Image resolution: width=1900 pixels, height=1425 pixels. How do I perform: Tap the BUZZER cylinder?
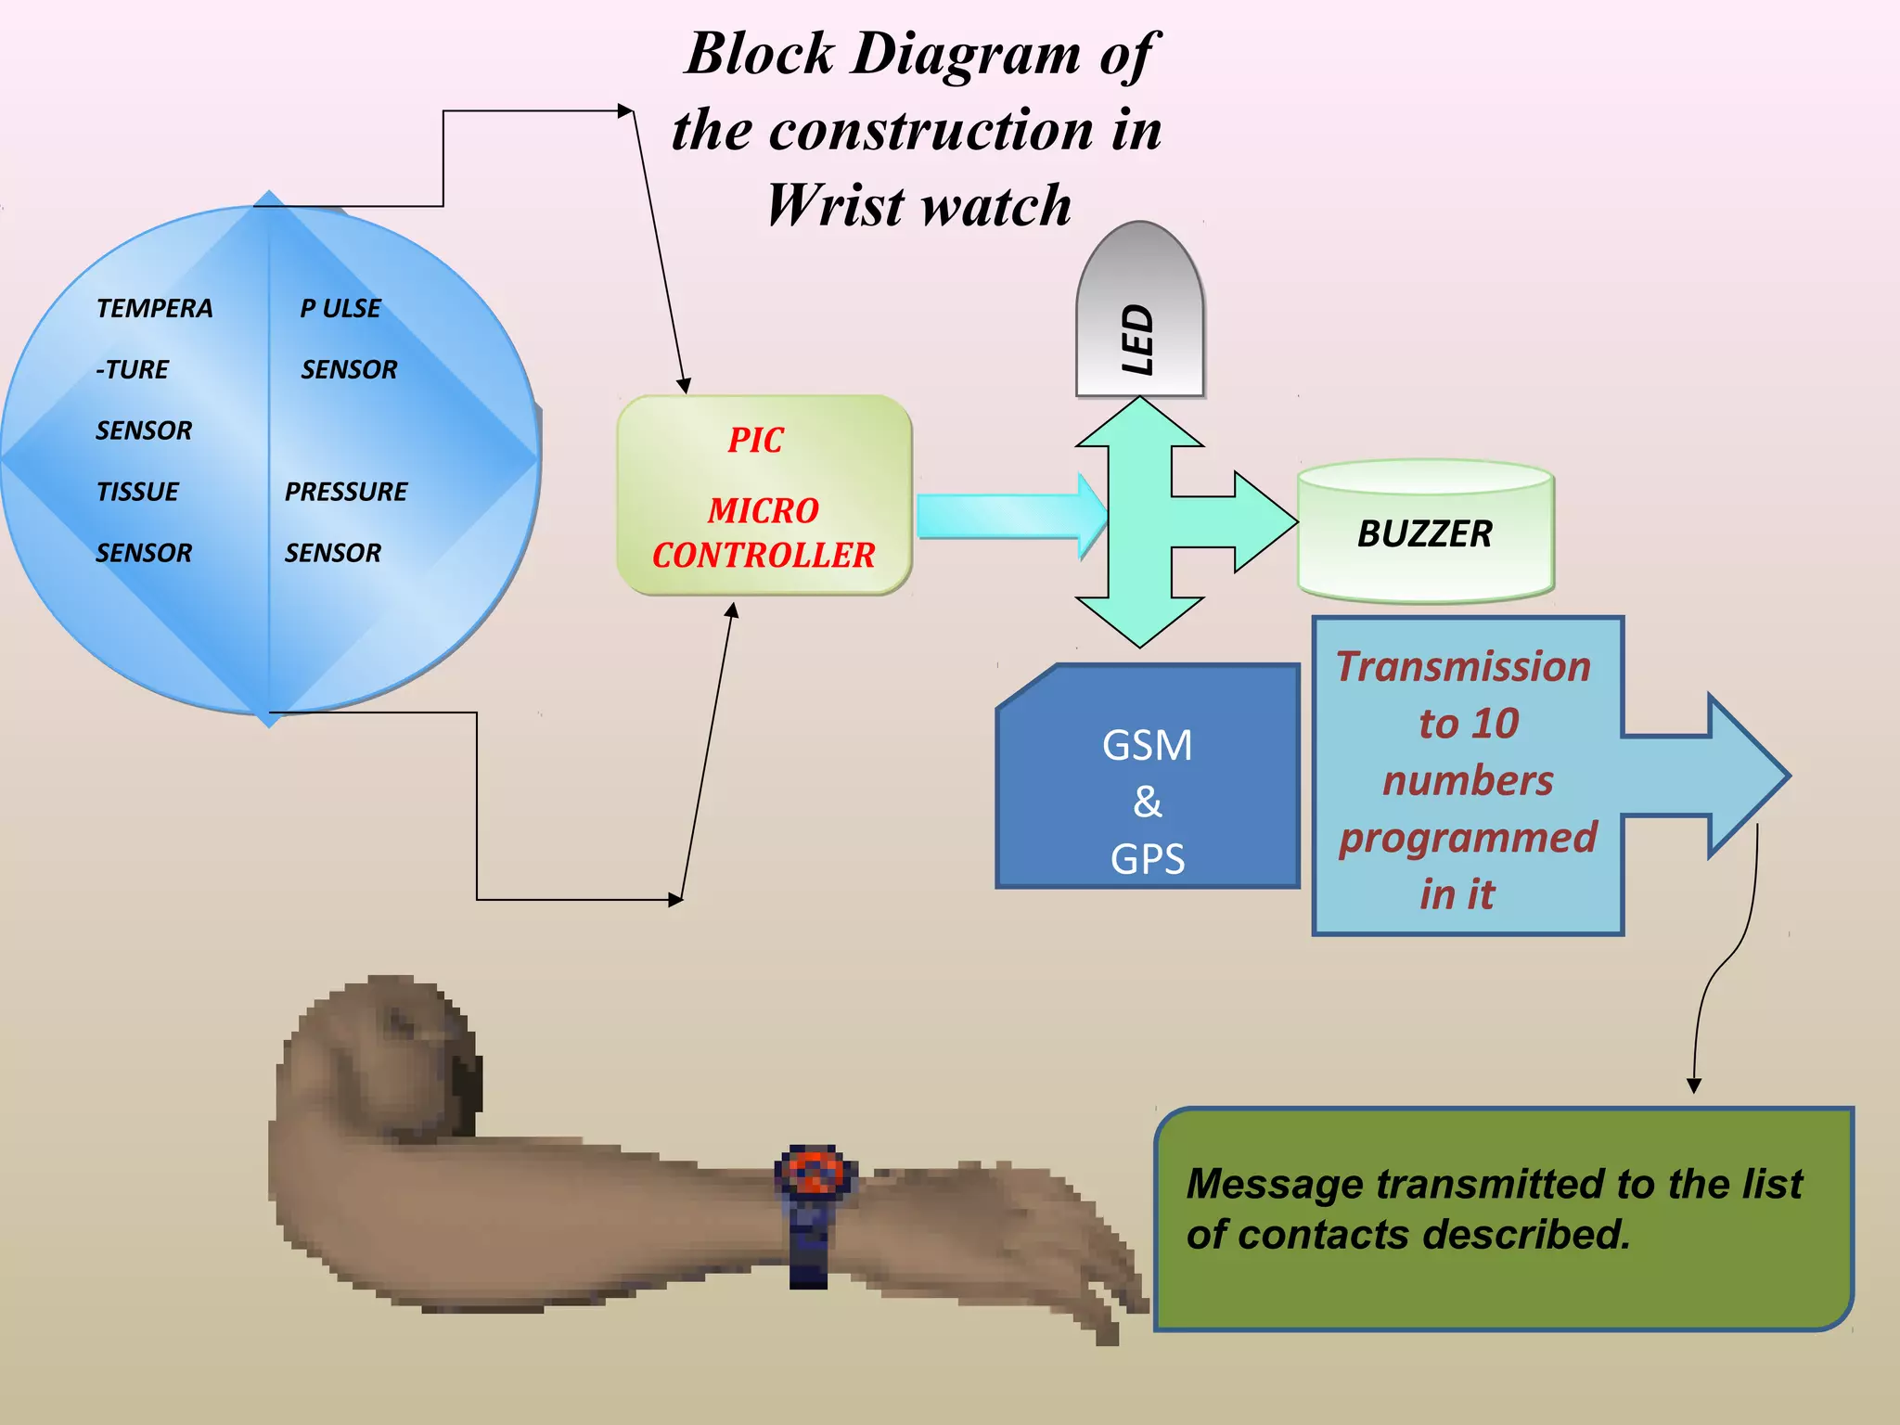coord(1425,534)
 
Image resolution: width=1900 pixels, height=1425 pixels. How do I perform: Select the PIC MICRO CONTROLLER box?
coord(764,495)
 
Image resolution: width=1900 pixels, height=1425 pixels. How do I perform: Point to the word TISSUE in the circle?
coord(137,492)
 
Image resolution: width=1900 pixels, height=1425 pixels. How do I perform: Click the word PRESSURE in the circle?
coord(346,492)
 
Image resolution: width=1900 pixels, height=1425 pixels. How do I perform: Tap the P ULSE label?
coord(340,308)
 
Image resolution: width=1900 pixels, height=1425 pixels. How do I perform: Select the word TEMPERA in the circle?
coord(154,308)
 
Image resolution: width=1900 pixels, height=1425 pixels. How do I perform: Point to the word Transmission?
coord(1463,666)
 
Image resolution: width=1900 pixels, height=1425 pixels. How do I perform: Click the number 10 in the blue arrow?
coord(1495,724)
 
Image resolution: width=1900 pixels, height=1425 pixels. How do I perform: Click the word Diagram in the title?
coord(966,54)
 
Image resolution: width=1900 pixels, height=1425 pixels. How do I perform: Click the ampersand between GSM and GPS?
coord(1148,802)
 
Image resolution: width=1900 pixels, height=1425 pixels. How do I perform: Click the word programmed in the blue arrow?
coord(1468,837)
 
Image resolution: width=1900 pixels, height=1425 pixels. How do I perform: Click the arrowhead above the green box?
coord(1694,1085)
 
